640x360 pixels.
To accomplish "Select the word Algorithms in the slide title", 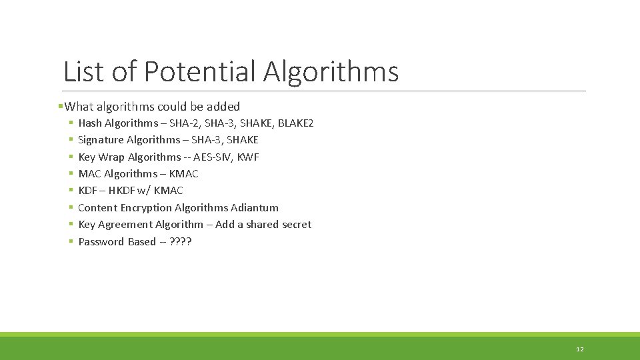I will (x=331, y=71).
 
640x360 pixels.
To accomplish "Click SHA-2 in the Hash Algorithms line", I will (x=185, y=123).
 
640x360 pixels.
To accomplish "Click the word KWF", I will (x=248, y=157).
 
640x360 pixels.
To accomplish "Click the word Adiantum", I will (x=255, y=208).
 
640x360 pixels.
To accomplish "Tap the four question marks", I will (x=181, y=242).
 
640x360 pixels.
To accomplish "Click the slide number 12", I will (x=580, y=349).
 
